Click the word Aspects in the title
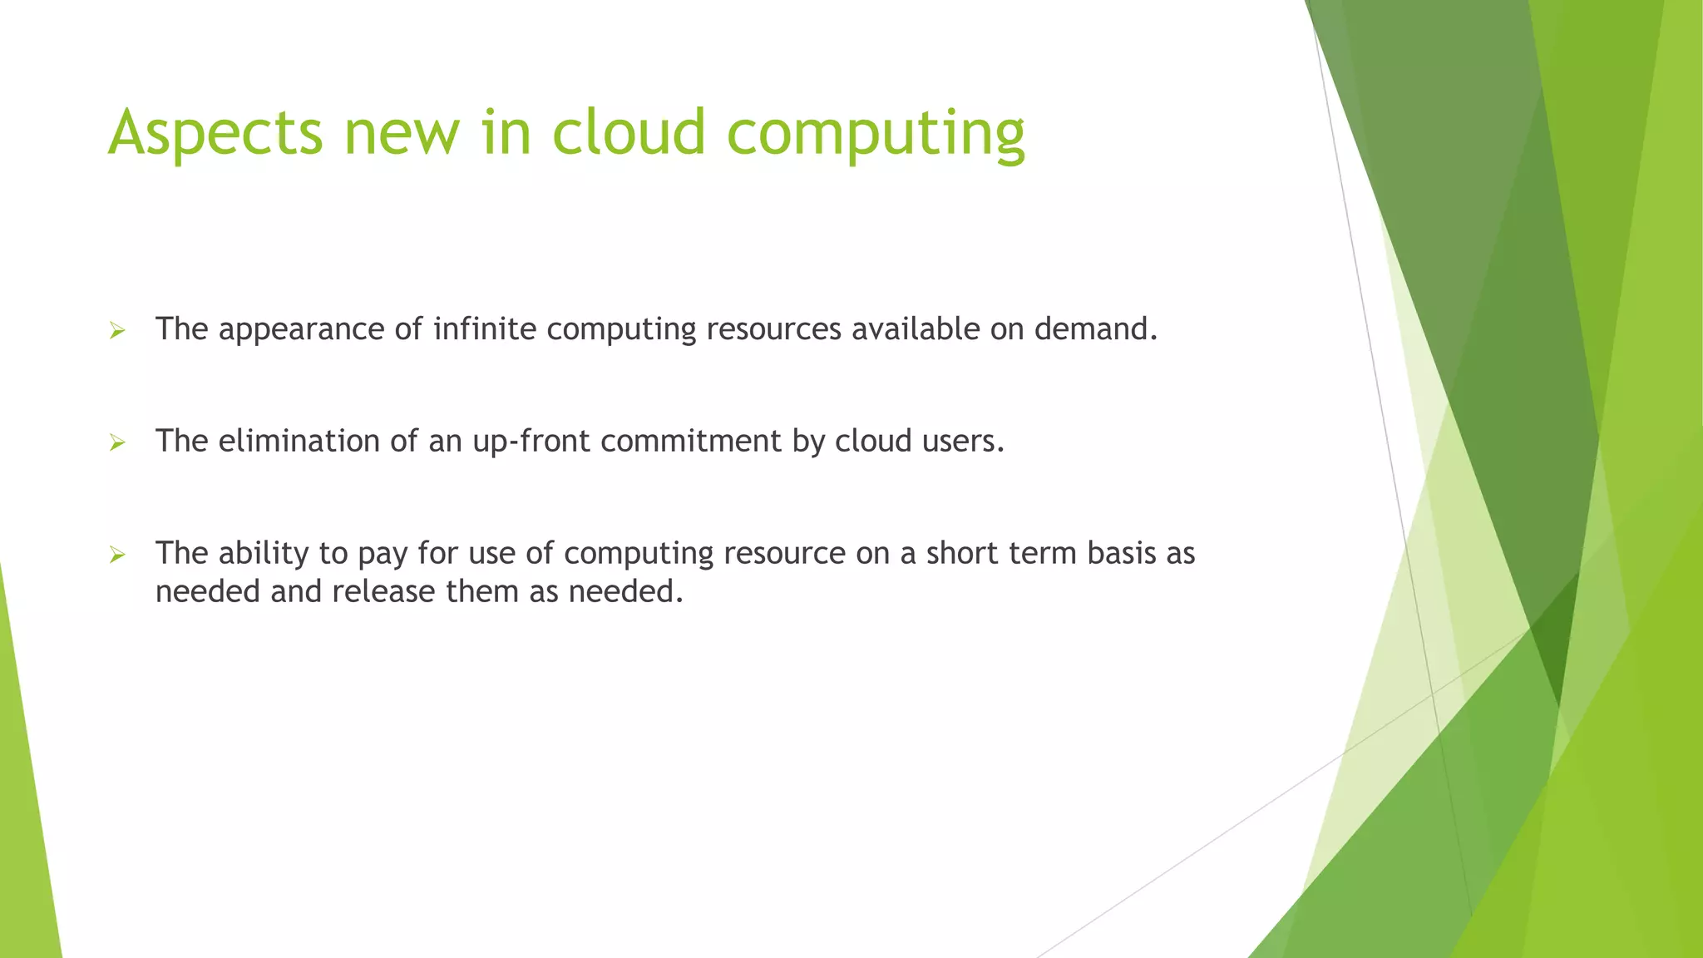tap(215, 133)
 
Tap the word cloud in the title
tap(629, 133)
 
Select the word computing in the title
tap(876, 133)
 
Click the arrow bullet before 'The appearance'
tap(117, 331)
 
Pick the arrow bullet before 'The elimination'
tap(117, 442)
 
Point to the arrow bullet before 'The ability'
tap(117, 555)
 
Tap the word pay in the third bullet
tap(383, 554)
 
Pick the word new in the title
tap(402, 133)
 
